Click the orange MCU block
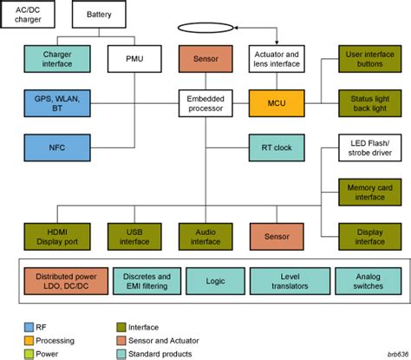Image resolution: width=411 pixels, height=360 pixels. coord(276,104)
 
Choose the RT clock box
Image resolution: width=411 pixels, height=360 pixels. coord(276,148)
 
